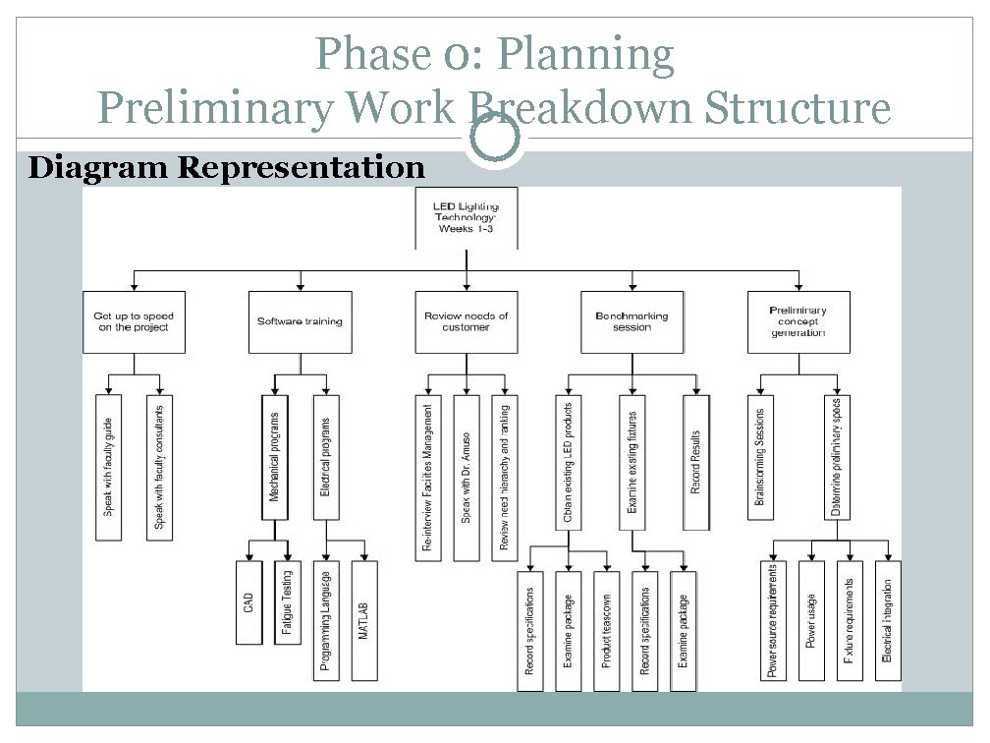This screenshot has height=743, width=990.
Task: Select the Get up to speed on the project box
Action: pos(134,321)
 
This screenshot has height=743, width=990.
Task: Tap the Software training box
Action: pos(300,321)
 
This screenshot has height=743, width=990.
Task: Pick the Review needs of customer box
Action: pos(466,321)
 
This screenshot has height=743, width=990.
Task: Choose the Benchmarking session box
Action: pos(632,321)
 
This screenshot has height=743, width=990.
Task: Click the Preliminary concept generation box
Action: pos(797,321)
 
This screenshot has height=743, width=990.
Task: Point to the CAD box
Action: pos(249,600)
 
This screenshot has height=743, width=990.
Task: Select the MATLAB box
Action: pos(363,619)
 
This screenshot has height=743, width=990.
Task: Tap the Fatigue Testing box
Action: pos(287,600)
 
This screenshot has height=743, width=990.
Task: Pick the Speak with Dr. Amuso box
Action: pos(467,478)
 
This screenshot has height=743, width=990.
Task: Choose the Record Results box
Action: pos(696,462)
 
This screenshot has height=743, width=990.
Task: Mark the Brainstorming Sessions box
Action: pos(759,457)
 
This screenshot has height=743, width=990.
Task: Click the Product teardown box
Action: pos(607,630)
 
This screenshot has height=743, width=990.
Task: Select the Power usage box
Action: pos(812,619)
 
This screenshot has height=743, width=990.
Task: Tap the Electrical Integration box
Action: pos(888,619)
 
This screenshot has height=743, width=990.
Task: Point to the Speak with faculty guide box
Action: pos(108,467)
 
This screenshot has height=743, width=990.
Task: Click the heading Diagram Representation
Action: pos(227,168)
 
